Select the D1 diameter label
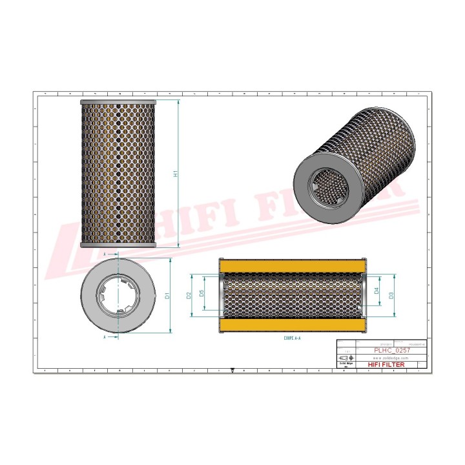click(167, 296)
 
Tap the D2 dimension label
click(189, 294)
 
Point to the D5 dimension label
click(202, 294)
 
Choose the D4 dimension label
click(377, 292)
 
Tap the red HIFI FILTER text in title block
click(387, 365)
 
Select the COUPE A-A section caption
click(293, 337)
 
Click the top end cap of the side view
click(118, 102)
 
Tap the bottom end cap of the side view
click(118, 245)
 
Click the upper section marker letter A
click(105, 254)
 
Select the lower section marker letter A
click(105, 337)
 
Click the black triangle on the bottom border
click(232, 371)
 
